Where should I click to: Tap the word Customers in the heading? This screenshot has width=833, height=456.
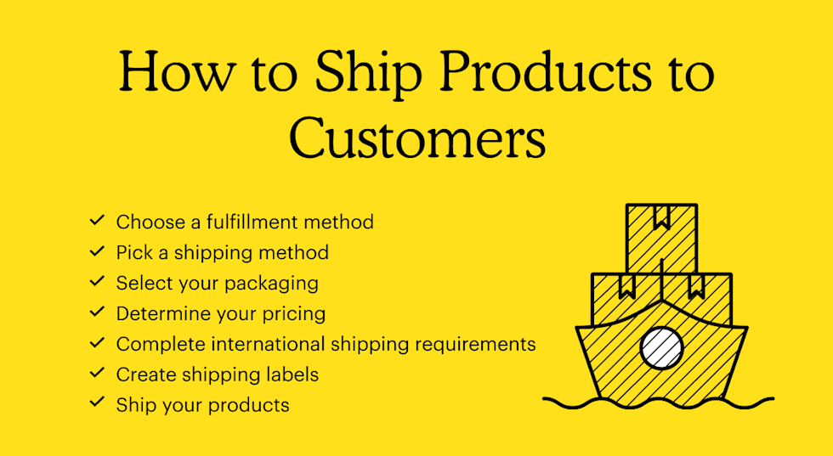pos(417,138)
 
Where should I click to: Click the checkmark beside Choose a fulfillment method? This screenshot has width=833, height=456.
pos(97,220)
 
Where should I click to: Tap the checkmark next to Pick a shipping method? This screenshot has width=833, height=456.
pos(97,251)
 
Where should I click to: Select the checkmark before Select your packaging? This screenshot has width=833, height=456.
pos(97,281)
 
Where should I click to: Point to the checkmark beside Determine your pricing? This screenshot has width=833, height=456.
pos(97,312)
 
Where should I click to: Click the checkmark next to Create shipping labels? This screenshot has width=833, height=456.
pos(97,373)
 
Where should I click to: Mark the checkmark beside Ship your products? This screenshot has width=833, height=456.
pos(97,403)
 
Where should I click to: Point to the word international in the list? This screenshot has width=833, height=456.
pos(269,344)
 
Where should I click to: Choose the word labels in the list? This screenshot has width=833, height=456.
pos(291,374)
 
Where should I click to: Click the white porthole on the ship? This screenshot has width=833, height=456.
pos(661,348)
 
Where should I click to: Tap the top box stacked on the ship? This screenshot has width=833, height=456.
pos(661,239)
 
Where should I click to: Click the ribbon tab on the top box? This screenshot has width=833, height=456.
pos(662,217)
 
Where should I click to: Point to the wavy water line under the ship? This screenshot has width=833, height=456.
pos(658,403)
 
